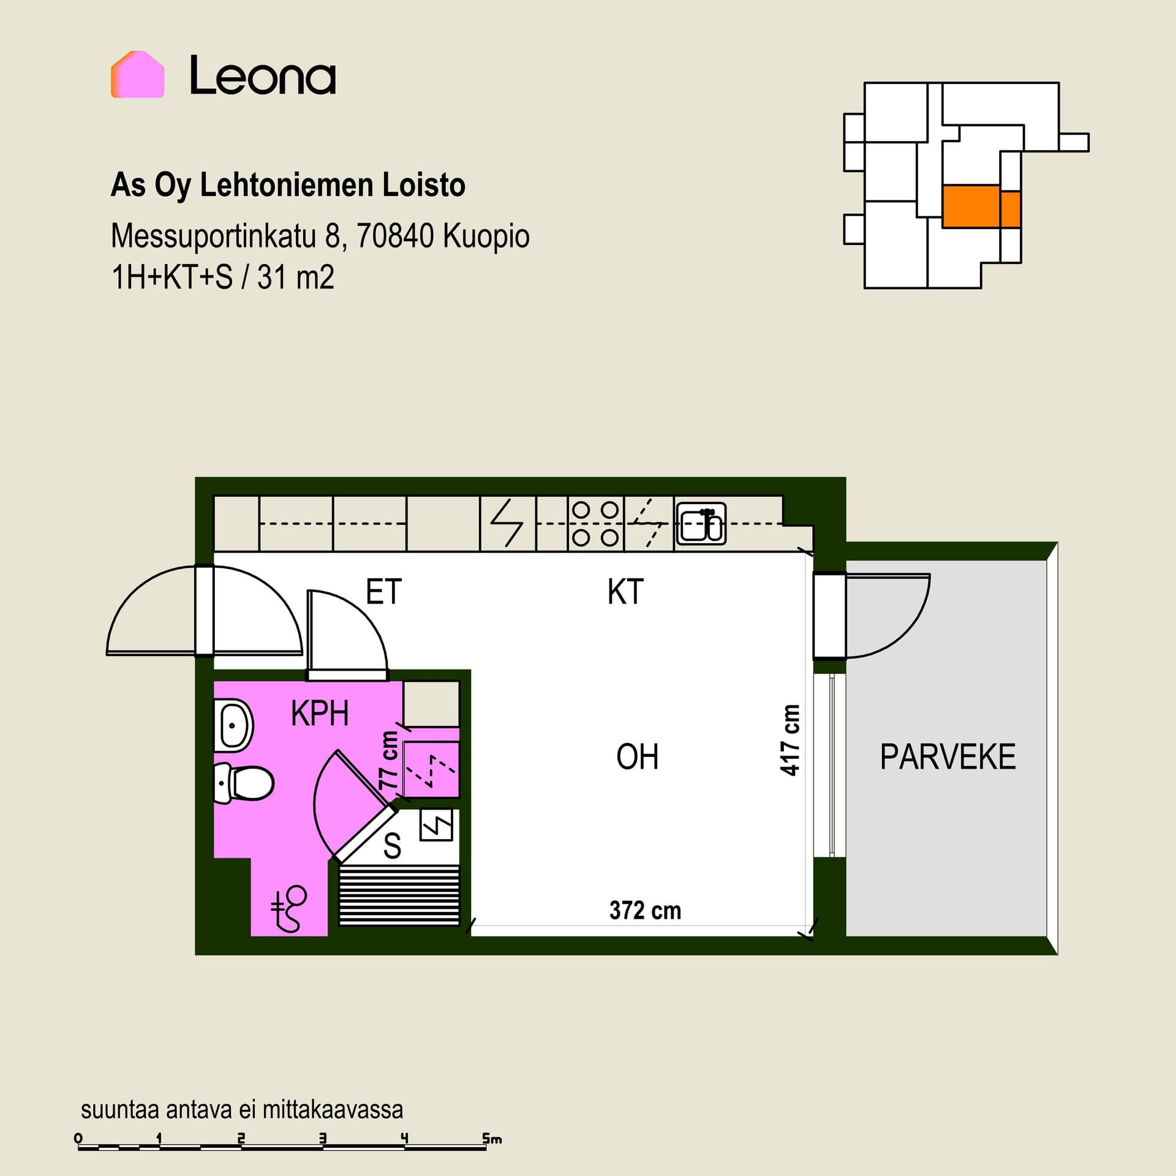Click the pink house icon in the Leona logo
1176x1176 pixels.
[137, 74]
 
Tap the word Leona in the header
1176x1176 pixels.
[263, 75]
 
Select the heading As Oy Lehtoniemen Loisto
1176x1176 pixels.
[288, 186]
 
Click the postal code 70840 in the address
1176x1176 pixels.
[394, 236]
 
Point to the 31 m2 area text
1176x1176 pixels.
[296, 277]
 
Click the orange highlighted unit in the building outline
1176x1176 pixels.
[981, 206]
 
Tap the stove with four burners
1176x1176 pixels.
[595, 524]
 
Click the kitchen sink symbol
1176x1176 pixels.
[701, 524]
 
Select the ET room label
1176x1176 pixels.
[383, 592]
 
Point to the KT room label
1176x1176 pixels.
[625, 592]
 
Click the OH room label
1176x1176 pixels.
[638, 756]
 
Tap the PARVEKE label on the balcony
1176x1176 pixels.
[948, 756]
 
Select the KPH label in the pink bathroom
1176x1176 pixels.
[320, 713]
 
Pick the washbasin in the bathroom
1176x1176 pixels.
[233, 726]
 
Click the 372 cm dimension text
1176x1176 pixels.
[645, 910]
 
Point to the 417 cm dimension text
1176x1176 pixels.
[790, 741]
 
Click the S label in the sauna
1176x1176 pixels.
[392, 846]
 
